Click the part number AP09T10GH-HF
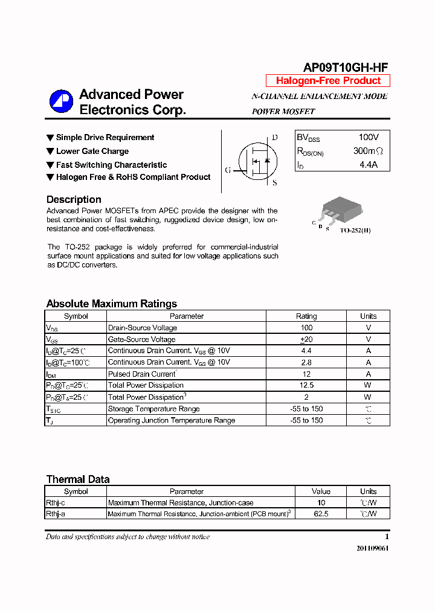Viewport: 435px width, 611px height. [346, 68]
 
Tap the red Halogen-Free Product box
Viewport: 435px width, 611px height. [328, 81]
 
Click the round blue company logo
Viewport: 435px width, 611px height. [61, 101]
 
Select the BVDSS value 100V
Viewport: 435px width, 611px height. [369, 138]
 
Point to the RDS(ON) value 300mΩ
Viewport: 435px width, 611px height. [368, 151]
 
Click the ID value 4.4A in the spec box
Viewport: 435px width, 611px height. [368, 164]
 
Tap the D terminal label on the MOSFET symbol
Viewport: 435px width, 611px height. [275, 138]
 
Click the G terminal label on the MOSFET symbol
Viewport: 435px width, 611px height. [228, 170]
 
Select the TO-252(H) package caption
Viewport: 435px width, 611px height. [355, 231]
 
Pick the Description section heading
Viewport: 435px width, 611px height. [74, 199]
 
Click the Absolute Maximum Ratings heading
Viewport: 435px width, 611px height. [112, 304]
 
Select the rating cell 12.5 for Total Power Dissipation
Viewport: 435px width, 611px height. [306, 385]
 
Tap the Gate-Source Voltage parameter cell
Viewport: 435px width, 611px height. [142, 339]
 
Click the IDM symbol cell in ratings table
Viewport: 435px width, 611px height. [52, 374]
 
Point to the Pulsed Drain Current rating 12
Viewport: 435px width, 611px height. [306, 374]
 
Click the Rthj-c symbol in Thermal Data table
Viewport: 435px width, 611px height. [56, 502]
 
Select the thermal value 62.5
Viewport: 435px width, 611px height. [321, 514]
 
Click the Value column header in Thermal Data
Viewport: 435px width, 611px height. [321, 491]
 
